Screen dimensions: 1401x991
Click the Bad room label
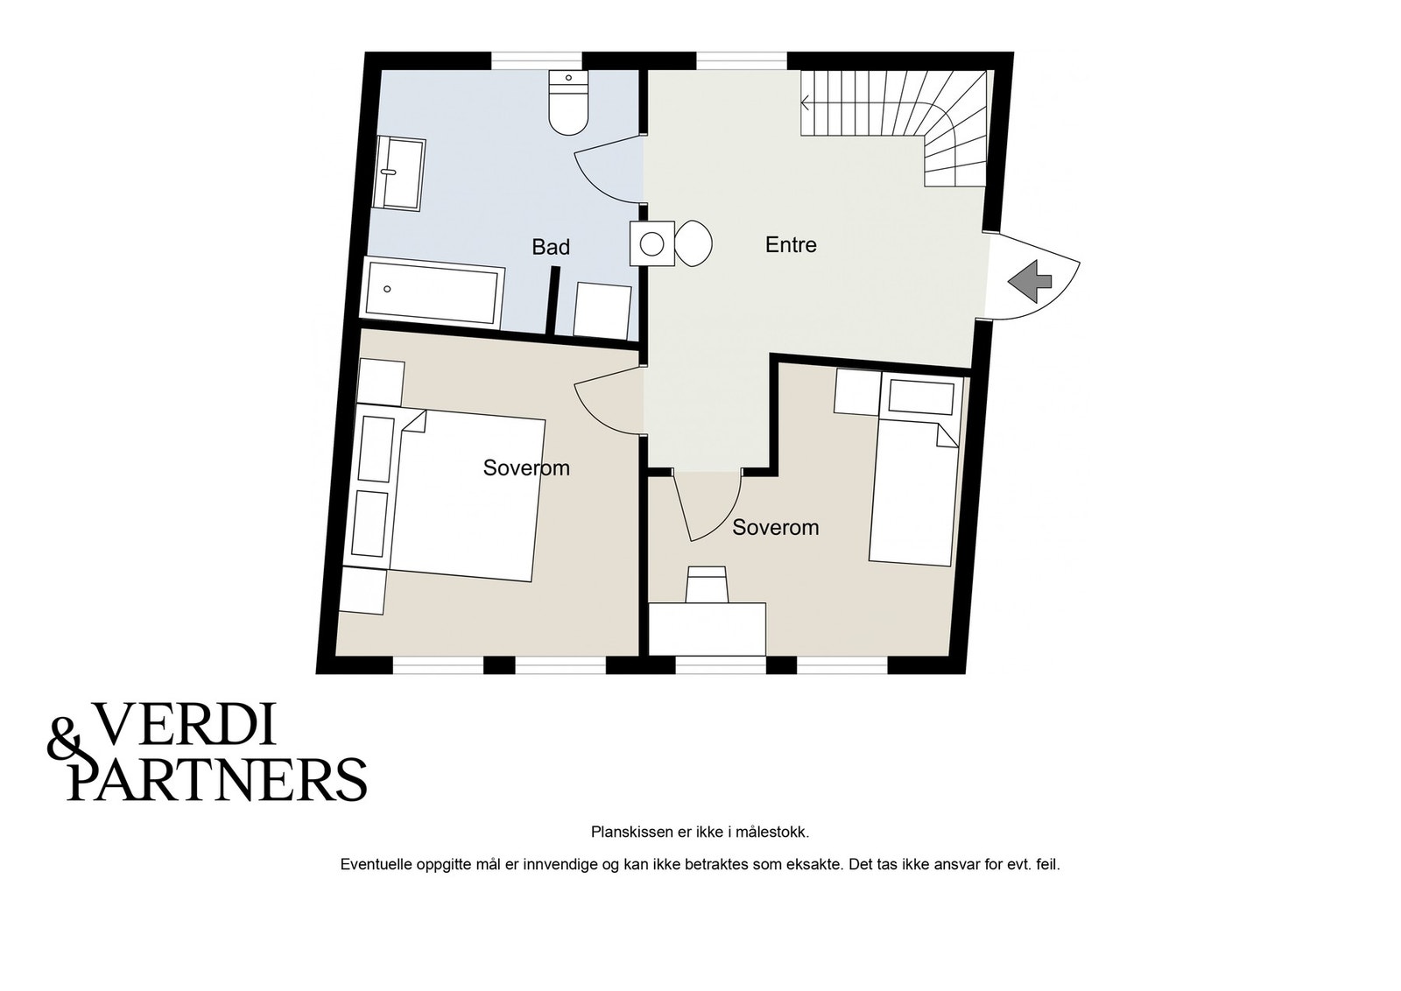point(551,247)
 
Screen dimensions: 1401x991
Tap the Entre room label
point(791,244)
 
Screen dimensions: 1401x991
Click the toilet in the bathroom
point(568,102)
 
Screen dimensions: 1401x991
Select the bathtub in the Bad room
point(433,292)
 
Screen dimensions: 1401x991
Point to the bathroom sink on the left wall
point(399,173)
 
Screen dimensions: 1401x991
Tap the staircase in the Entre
point(897,128)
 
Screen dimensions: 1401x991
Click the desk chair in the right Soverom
point(707,584)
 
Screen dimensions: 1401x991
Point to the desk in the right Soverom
point(707,629)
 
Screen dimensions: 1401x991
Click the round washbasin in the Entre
point(652,243)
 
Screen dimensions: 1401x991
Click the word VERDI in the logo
point(184,724)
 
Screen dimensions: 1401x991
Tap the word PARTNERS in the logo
point(216,779)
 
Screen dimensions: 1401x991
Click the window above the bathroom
point(537,60)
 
